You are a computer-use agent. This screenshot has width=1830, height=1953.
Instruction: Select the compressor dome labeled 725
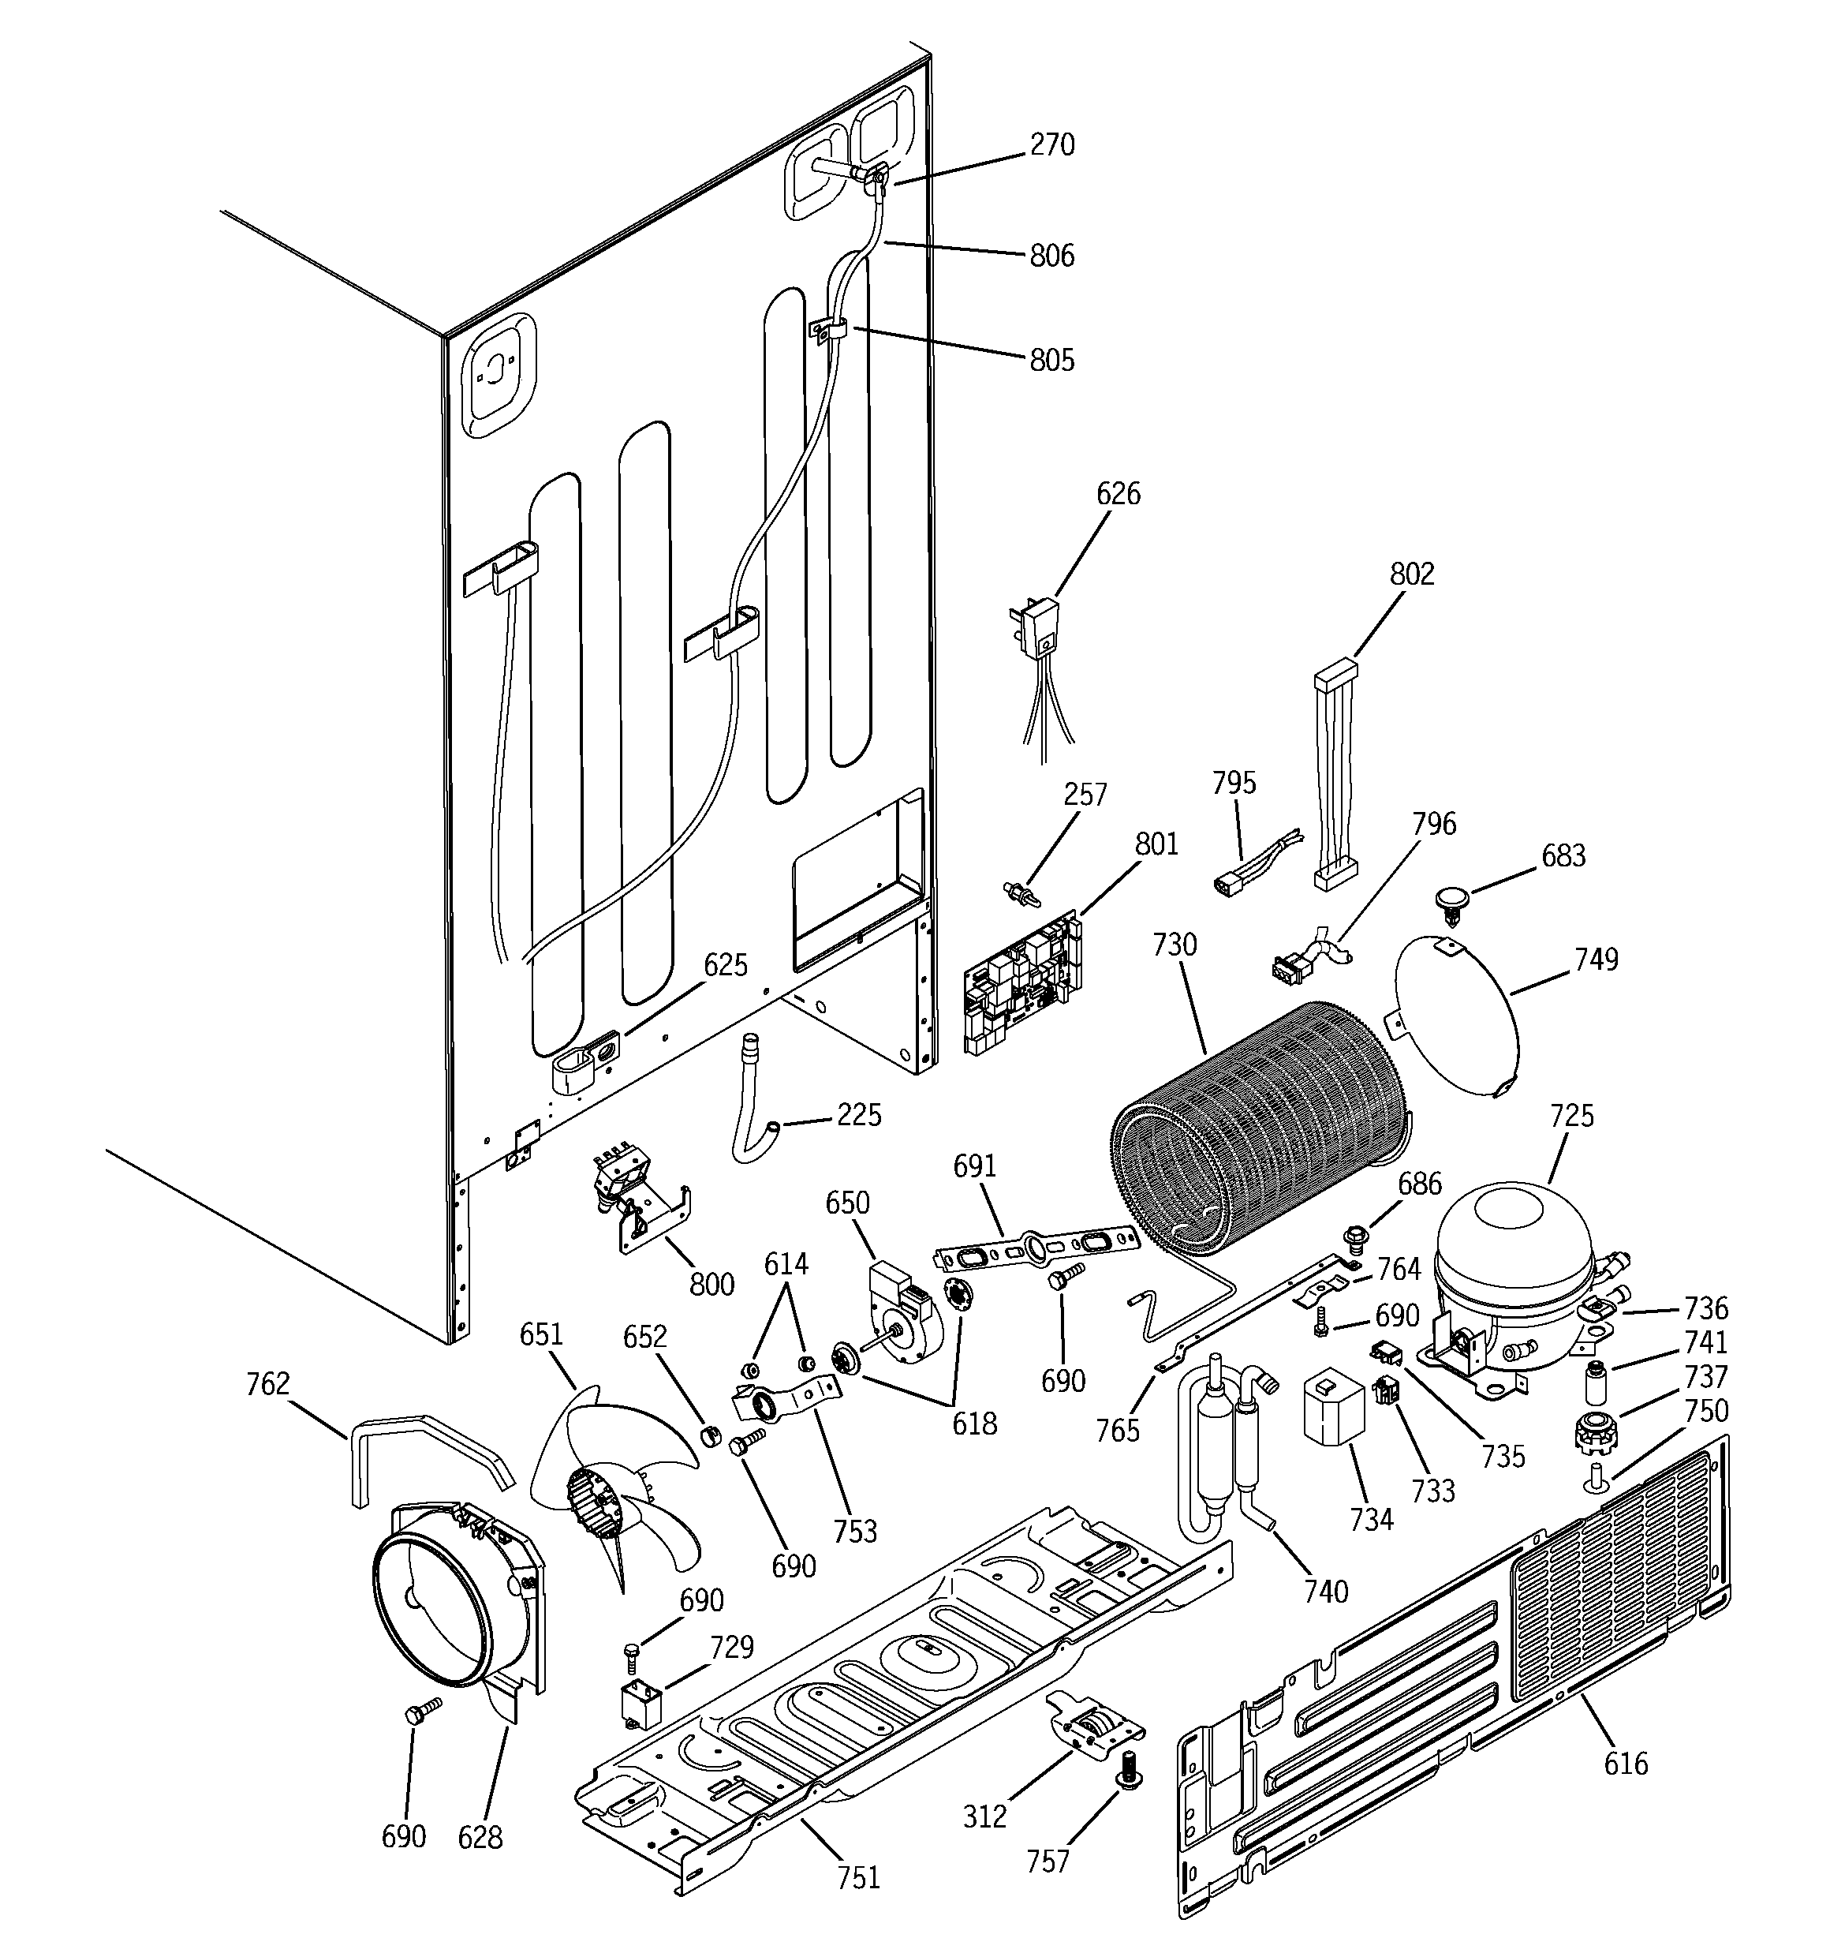tap(1513, 1252)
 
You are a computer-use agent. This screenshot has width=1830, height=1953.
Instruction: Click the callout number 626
tap(1118, 493)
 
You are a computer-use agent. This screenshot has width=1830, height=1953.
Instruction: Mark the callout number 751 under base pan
tap(857, 1877)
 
